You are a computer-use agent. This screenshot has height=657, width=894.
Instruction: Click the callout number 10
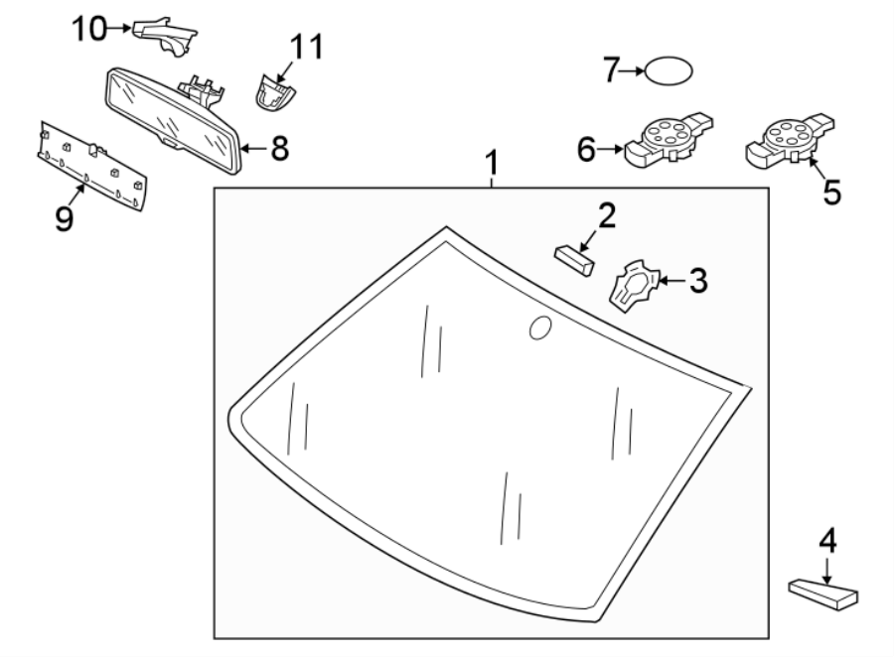click(x=89, y=29)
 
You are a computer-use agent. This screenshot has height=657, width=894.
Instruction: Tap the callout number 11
click(x=307, y=47)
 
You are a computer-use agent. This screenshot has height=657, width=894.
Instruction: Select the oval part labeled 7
click(x=669, y=71)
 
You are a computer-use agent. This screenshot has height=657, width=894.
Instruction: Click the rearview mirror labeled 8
click(x=173, y=120)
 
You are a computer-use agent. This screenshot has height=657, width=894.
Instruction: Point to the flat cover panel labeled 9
click(x=92, y=166)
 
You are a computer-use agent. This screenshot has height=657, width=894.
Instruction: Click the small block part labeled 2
click(x=574, y=259)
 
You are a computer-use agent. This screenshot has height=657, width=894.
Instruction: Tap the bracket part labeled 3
click(x=634, y=286)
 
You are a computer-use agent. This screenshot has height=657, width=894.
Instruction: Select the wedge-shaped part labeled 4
click(x=823, y=594)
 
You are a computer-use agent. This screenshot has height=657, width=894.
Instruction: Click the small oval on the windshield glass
click(x=540, y=328)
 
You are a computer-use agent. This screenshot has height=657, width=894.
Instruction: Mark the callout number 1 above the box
click(x=492, y=163)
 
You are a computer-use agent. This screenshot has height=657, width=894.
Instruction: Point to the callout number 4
click(x=827, y=541)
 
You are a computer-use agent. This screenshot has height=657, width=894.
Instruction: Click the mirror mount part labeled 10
click(x=165, y=37)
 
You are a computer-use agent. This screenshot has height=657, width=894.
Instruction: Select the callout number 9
click(x=65, y=218)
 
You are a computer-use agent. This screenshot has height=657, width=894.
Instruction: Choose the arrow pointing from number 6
click(x=611, y=149)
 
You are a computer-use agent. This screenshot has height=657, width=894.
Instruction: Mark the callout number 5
click(x=831, y=192)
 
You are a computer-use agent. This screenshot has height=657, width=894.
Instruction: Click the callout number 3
click(x=698, y=281)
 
